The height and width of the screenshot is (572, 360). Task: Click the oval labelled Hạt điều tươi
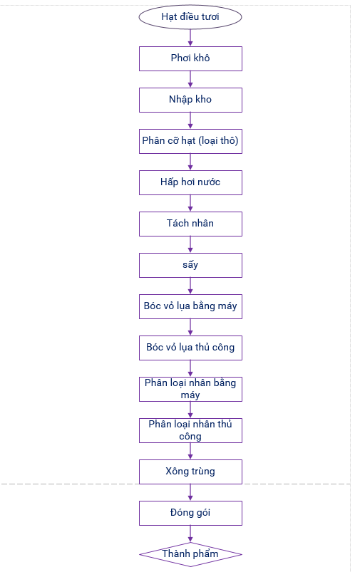click(x=190, y=17)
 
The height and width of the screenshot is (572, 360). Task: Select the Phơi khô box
click(x=190, y=58)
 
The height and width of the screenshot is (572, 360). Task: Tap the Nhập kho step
click(x=190, y=100)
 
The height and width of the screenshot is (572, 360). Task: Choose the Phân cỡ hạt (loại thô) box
click(x=190, y=141)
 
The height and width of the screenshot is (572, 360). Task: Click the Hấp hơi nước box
click(x=190, y=182)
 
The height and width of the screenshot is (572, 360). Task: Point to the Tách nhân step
click(x=190, y=224)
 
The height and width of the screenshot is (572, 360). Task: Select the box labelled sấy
click(x=190, y=265)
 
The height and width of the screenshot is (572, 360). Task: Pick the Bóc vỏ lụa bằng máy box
click(x=190, y=306)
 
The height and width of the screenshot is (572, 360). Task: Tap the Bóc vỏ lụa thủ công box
click(x=190, y=348)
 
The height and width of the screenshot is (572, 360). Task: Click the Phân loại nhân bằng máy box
click(x=190, y=389)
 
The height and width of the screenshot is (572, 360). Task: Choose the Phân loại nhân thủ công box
click(x=190, y=430)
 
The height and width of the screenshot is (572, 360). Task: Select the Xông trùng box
click(x=190, y=472)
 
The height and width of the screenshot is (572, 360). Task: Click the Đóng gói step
click(x=190, y=514)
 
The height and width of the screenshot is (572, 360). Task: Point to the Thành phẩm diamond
click(x=190, y=554)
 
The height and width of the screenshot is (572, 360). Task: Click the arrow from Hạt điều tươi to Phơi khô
click(x=190, y=38)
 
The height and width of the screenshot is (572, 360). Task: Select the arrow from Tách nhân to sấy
click(x=190, y=244)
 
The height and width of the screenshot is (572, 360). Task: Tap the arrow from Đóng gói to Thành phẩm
click(x=190, y=534)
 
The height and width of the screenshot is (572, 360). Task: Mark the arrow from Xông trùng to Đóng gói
click(x=190, y=492)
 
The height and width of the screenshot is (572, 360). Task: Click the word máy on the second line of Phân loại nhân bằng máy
click(x=190, y=395)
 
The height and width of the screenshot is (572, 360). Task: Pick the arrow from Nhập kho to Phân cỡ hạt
click(x=190, y=120)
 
